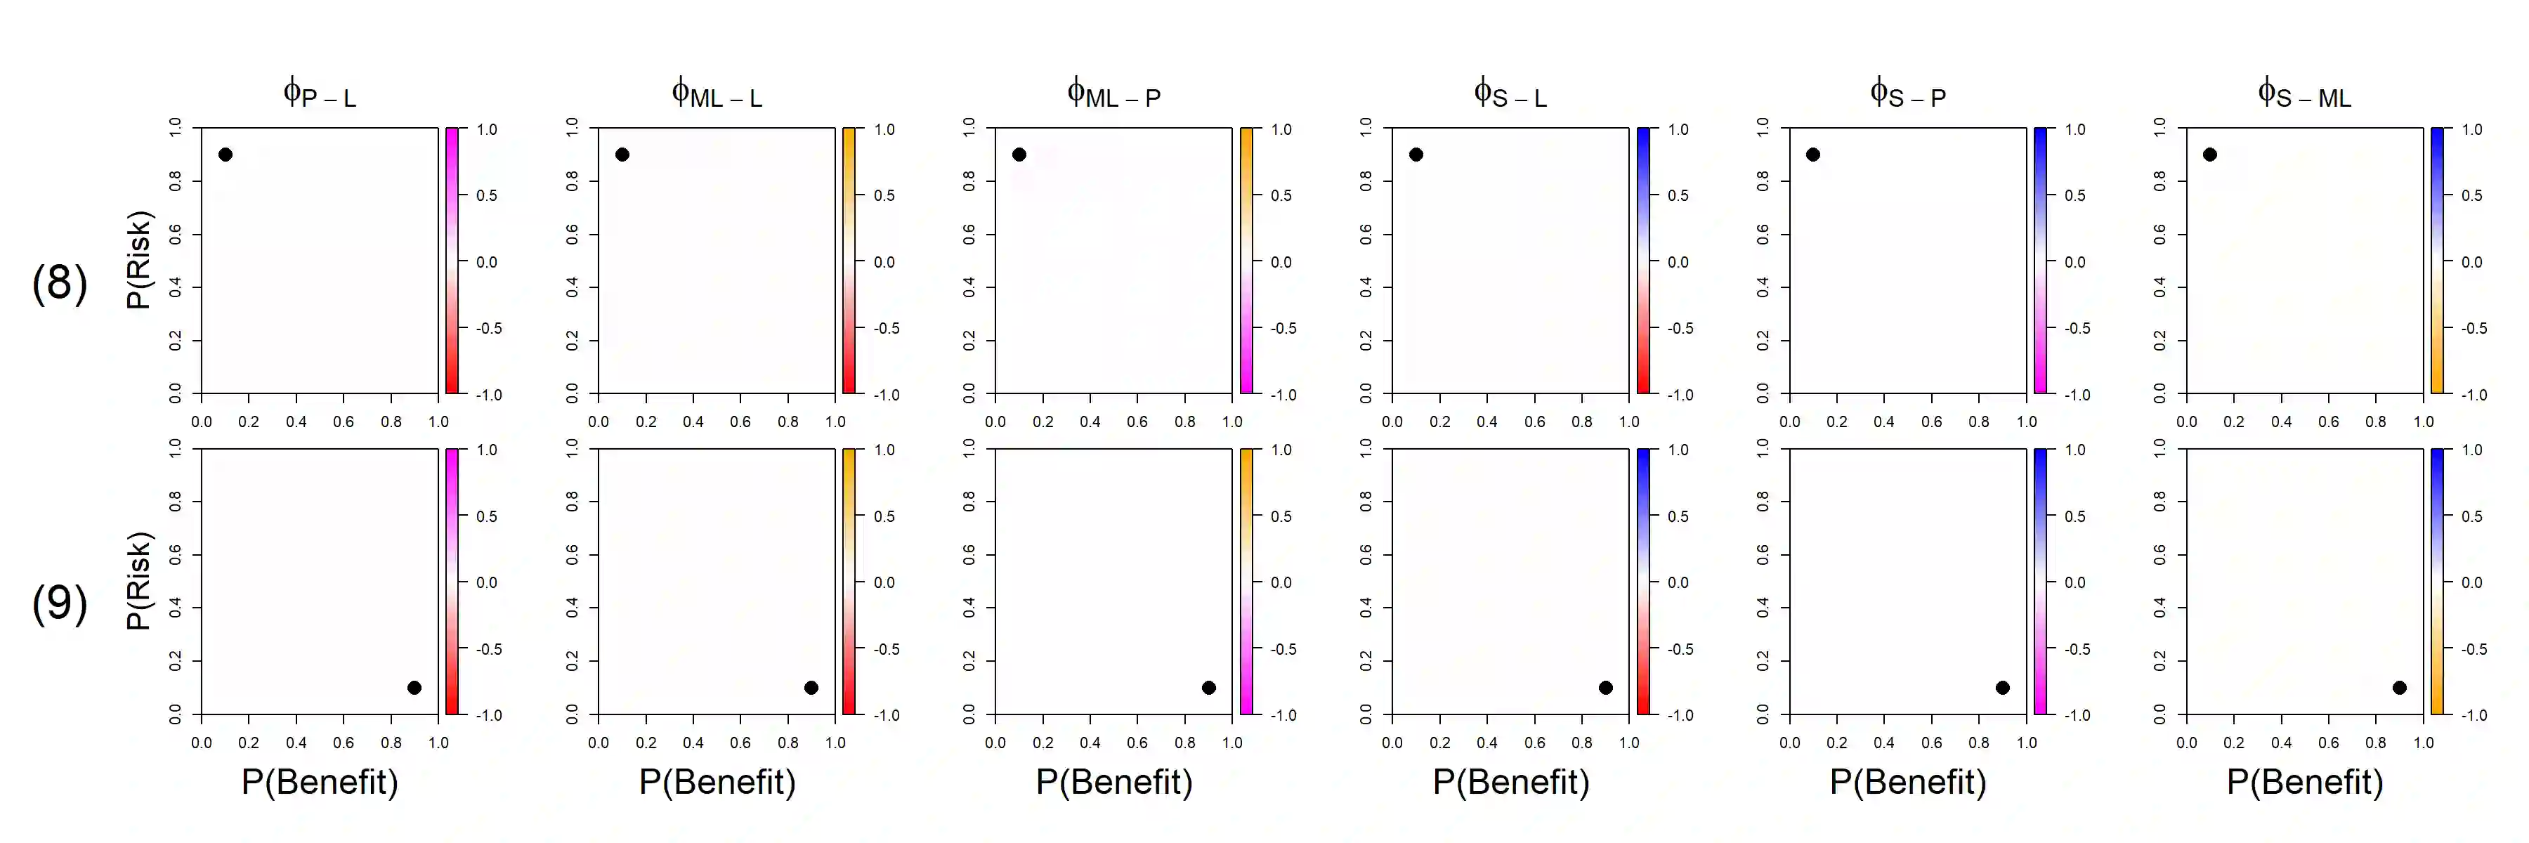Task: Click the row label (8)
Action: click(x=60, y=282)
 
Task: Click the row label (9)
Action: click(x=60, y=603)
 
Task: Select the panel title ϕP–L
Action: click(x=319, y=94)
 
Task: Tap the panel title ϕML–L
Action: click(x=717, y=94)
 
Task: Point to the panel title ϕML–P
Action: click(x=1113, y=94)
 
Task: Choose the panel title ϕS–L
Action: click(x=1510, y=94)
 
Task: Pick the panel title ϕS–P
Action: click(x=1907, y=94)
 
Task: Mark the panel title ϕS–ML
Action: click(x=2304, y=94)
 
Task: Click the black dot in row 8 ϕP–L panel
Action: click(x=226, y=154)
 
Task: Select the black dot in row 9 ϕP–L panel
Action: click(x=414, y=688)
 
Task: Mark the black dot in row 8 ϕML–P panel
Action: click(x=1019, y=154)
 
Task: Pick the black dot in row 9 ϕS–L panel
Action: click(x=1605, y=688)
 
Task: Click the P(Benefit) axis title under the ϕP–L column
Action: click(x=320, y=782)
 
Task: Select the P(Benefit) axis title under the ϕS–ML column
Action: click(x=2304, y=782)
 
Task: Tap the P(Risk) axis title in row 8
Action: click(x=138, y=260)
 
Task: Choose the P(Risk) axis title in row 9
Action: click(x=138, y=581)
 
